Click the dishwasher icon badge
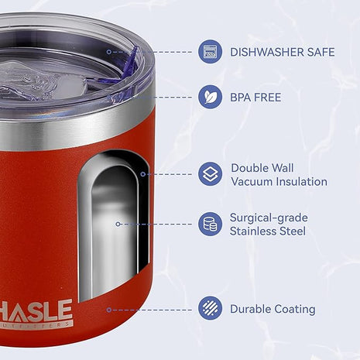coord(210,53)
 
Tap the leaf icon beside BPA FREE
coord(210,98)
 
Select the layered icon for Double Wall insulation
coord(210,174)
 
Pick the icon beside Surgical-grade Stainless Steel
coord(210,225)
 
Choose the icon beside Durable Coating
coord(210,309)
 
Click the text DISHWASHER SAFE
coord(282,53)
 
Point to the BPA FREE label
coord(255,98)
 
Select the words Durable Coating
coord(272,309)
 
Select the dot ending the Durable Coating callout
coord(108,310)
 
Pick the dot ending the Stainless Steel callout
coord(118,225)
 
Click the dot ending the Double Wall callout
coord(143,174)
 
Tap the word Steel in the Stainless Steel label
coord(291,231)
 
